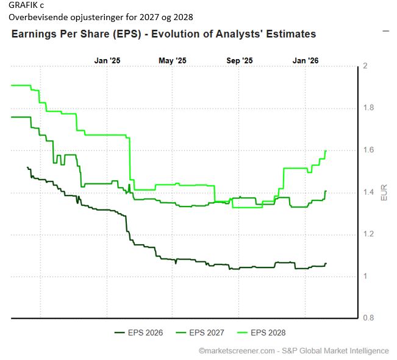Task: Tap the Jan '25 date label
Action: [x=107, y=60]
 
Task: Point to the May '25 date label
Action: [x=173, y=60]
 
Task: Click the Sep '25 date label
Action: [x=239, y=60]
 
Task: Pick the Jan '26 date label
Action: [x=305, y=60]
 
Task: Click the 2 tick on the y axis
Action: [x=365, y=66]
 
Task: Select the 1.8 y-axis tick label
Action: [x=368, y=108]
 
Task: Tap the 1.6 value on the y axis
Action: [x=368, y=150]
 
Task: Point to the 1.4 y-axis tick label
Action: [x=368, y=192]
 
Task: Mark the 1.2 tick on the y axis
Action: [x=368, y=235]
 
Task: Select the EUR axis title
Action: [x=384, y=192]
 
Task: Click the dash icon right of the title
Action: [x=385, y=30]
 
